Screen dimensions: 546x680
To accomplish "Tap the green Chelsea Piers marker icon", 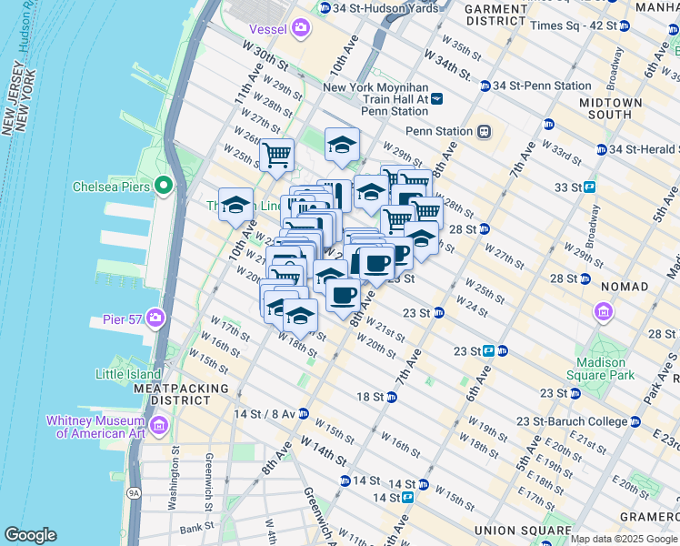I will click(164, 187).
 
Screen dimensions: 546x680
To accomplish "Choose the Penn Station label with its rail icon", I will click(449, 131).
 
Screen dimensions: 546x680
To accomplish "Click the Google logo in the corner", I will click(30, 535).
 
